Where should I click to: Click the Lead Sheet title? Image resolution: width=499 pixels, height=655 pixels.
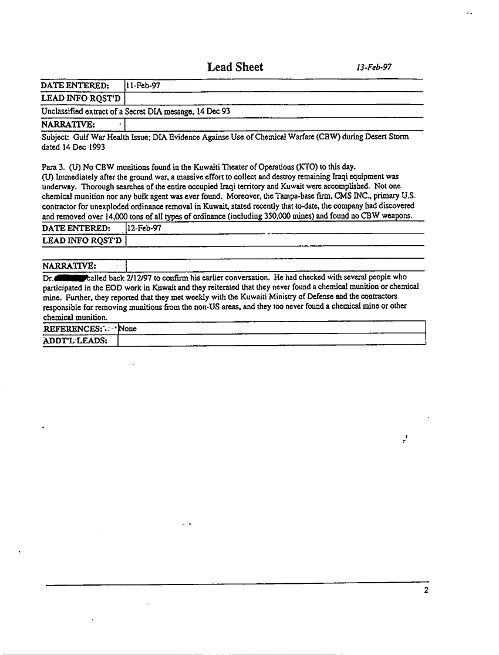coord(235,67)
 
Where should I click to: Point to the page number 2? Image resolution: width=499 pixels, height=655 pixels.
coord(426,591)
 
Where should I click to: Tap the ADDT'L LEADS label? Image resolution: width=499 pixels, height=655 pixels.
coord(78,340)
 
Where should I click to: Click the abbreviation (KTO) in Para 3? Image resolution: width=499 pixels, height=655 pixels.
coord(304,166)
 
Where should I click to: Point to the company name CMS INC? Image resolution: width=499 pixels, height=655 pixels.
coord(352,196)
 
